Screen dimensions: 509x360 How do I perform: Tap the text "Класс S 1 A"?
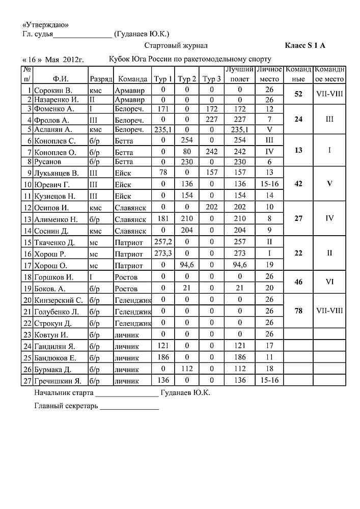[304, 46]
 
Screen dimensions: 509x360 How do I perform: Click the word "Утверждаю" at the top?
[45, 25]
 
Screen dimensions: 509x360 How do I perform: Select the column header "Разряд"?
[100, 79]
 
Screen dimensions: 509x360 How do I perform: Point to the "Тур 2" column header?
[187, 79]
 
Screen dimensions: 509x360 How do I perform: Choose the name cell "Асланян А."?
[54, 130]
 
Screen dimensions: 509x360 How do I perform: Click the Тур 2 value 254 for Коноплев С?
[187, 140]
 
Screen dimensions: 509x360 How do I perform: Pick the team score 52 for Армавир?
[298, 95]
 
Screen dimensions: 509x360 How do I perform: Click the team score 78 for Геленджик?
[298, 310]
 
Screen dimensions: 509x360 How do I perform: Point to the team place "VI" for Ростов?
[329, 281]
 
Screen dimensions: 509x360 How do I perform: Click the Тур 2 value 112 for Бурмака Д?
[187, 370]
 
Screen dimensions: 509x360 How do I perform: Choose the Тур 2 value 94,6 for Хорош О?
[187, 265]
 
